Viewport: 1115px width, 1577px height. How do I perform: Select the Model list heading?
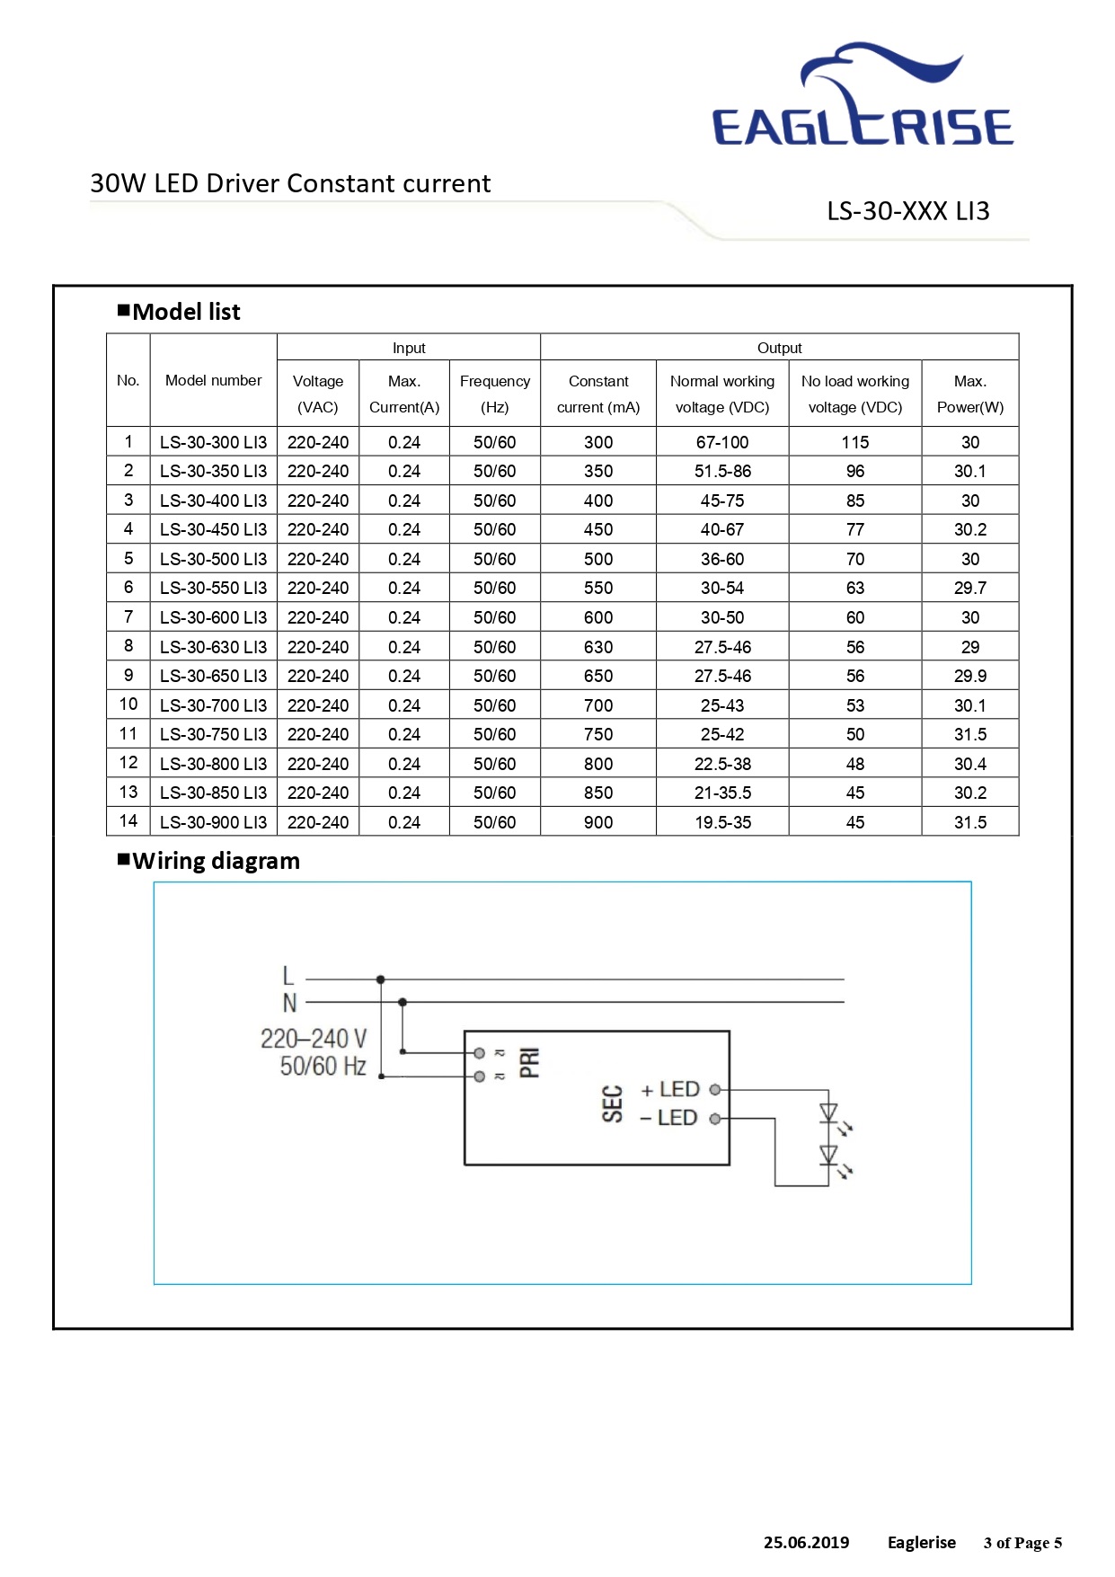click(179, 312)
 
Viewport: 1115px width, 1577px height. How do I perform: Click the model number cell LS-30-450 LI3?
click(213, 529)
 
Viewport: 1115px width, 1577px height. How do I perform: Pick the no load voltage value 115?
click(855, 442)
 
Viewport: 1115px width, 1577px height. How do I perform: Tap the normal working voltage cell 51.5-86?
click(722, 471)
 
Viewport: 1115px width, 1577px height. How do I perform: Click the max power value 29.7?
click(970, 588)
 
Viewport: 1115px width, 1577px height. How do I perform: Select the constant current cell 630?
click(598, 647)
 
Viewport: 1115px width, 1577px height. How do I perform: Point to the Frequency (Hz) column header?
click(494, 394)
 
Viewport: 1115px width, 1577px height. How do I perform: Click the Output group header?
click(779, 348)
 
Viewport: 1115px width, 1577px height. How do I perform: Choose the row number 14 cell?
click(128, 821)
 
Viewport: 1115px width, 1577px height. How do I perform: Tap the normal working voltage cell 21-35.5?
click(722, 793)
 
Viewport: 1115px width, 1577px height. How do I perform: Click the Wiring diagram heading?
click(208, 861)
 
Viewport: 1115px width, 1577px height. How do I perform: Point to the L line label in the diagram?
click(288, 976)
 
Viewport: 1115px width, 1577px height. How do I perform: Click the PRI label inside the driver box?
click(530, 1062)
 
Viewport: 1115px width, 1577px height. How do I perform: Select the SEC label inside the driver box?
click(612, 1104)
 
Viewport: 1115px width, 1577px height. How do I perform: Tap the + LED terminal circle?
click(715, 1090)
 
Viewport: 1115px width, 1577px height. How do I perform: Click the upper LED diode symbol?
click(828, 1113)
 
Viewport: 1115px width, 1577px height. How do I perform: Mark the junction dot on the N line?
click(403, 1002)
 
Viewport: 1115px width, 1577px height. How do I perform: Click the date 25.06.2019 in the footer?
click(806, 1543)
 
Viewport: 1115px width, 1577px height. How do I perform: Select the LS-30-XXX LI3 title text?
click(908, 211)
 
